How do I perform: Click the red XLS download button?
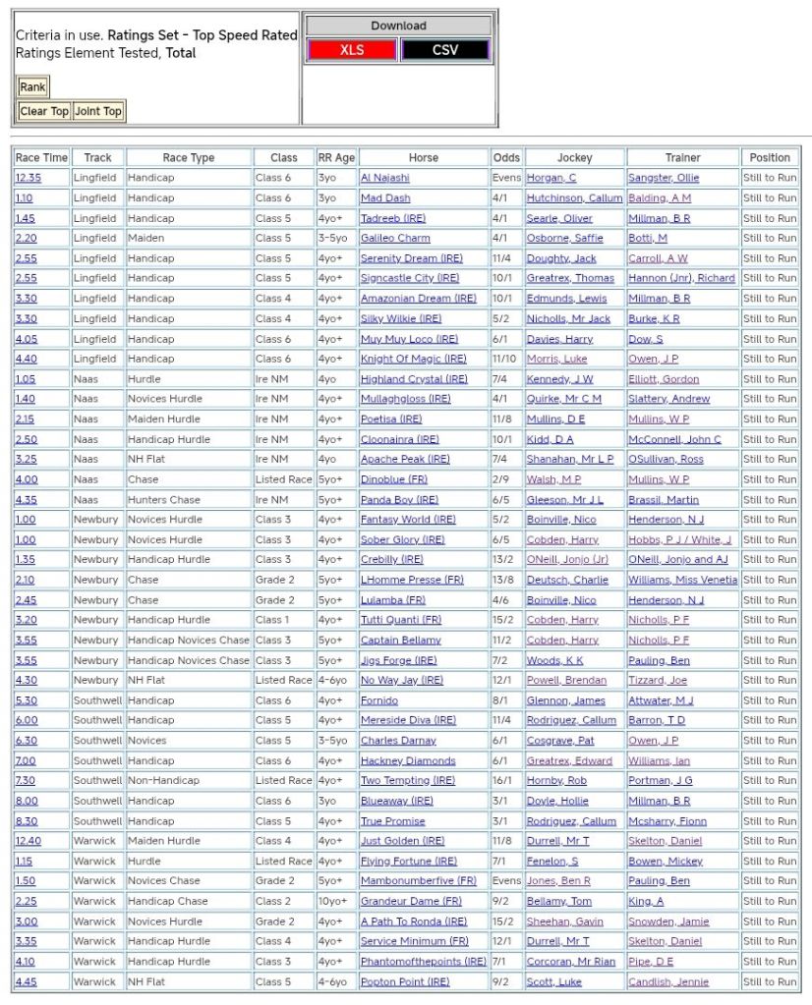pos(351,50)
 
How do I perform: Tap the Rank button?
pos(32,86)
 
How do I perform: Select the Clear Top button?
pos(44,111)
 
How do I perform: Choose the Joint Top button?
pos(98,111)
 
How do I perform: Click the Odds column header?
pos(506,157)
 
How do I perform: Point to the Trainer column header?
pos(682,157)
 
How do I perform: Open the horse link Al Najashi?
pos(384,178)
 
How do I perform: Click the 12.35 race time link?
pos(29,178)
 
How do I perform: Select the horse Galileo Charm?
pos(395,238)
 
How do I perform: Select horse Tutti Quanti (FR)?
pos(400,620)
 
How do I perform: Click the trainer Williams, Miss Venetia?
pos(682,580)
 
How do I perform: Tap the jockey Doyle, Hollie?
pos(557,801)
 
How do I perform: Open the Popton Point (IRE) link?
pos(404,981)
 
